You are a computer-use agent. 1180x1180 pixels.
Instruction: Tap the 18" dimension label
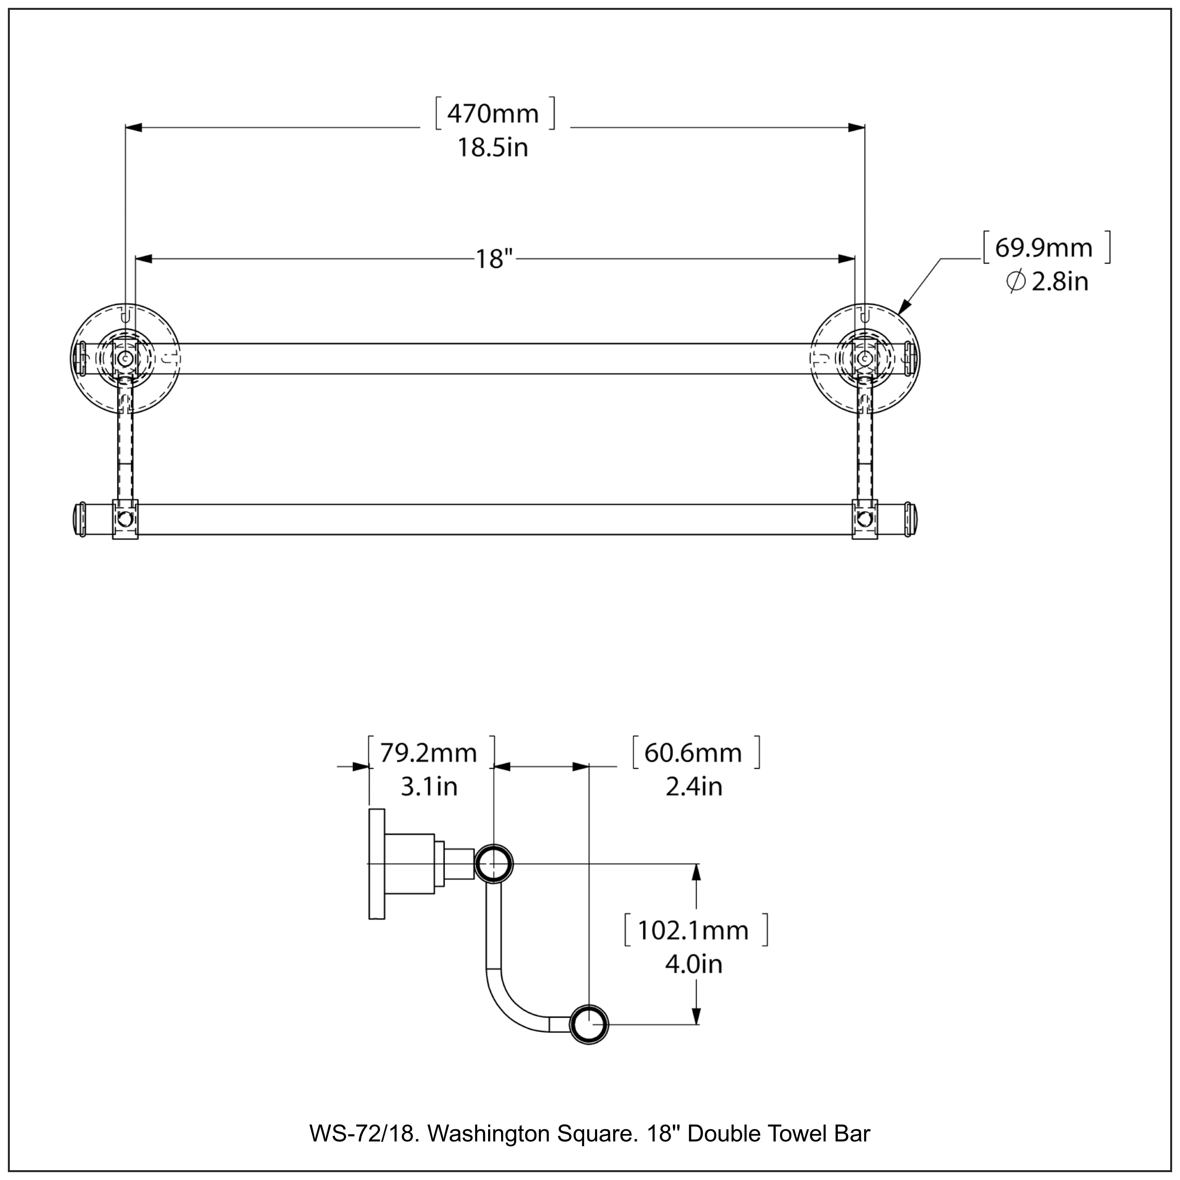[x=494, y=259]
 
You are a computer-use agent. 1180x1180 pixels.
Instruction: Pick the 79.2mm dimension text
[x=428, y=753]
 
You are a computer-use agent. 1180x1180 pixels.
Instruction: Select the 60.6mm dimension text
[x=693, y=753]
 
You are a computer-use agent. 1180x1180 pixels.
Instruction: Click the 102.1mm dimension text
[x=693, y=931]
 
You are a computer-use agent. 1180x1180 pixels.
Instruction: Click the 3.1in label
[x=429, y=787]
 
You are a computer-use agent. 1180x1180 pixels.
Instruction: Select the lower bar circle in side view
[x=589, y=1024]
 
